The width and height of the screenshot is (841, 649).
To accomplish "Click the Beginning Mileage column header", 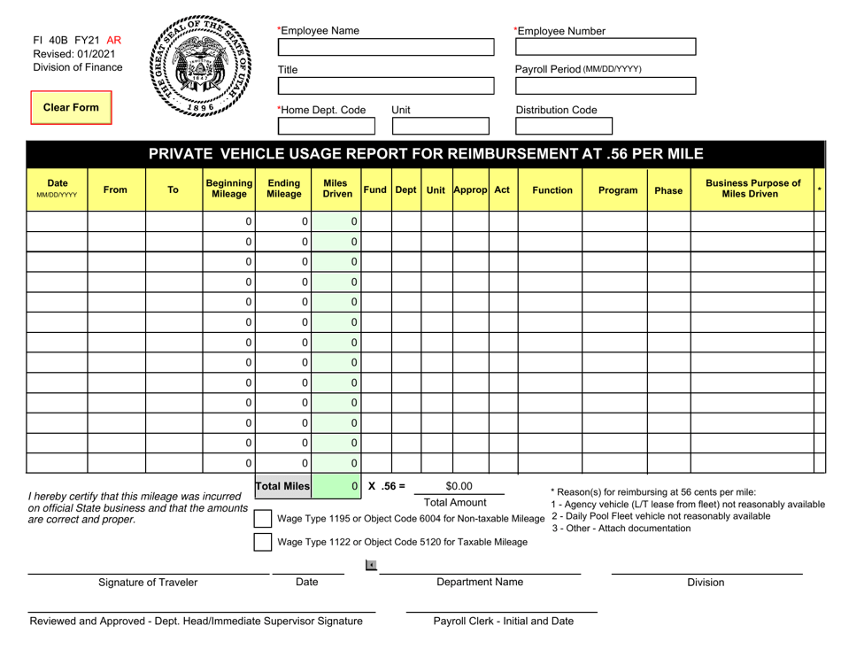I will (x=228, y=189).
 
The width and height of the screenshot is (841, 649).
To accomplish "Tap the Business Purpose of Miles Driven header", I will (x=752, y=189).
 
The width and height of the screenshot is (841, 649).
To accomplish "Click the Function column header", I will (x=550, y=189).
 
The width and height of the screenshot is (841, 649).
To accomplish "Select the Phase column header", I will (x=669, y=189).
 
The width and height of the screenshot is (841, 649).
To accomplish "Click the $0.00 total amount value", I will (x=459, y=485).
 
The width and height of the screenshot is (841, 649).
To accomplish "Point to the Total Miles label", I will (x=283, y=485).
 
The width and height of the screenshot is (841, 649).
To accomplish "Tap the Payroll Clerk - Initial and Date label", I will (x=502, y=621).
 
